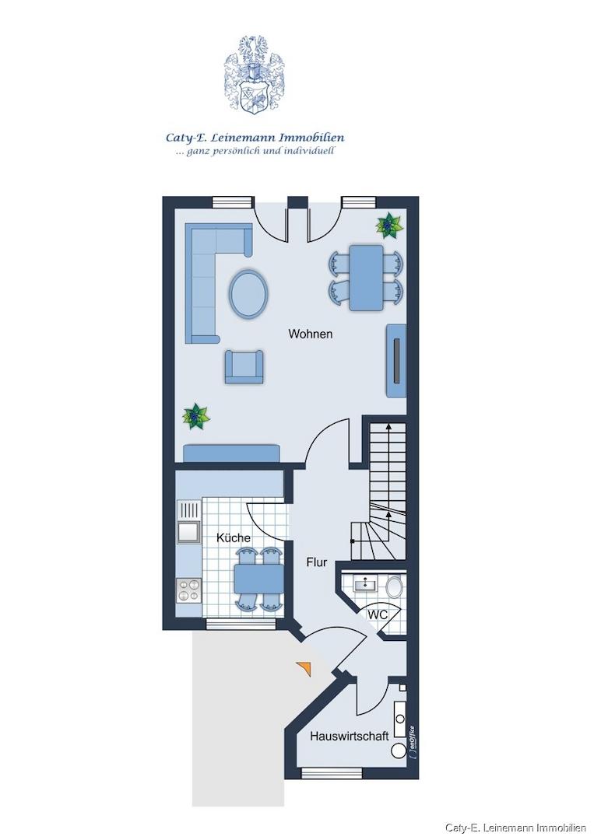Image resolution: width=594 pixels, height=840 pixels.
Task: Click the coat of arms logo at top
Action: tap(255, 75)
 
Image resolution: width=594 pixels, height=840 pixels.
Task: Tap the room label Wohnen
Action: tap(311, 334)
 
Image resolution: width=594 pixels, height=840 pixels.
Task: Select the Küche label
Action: tap(234, 537)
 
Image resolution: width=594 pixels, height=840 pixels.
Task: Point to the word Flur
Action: tap(317, 562)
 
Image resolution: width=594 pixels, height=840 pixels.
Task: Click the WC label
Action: tap(378, 615)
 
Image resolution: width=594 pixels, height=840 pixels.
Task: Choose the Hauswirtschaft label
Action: tap(350, 736)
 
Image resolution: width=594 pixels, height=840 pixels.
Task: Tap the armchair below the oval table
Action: tap(244, 367)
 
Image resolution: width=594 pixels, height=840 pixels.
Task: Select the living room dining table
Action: tap(367, 278)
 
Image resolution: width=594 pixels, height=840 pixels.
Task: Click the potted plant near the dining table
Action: tap(389, 225)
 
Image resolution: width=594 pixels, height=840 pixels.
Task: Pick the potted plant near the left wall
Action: tap(196, 416)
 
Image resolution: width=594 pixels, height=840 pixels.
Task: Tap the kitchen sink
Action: tap(188, 532)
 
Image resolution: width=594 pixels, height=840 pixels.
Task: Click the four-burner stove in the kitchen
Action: tap(188, 591)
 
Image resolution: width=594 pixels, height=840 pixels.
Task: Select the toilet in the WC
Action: tap(395, 586)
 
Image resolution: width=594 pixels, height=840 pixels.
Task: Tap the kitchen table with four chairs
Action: tap(259, 579)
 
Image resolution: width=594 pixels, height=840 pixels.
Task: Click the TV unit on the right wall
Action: tap(396, 361)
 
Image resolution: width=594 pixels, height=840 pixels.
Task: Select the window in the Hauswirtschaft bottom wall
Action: tap(332, 773)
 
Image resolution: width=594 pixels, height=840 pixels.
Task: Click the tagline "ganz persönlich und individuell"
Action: tap(255, 151)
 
